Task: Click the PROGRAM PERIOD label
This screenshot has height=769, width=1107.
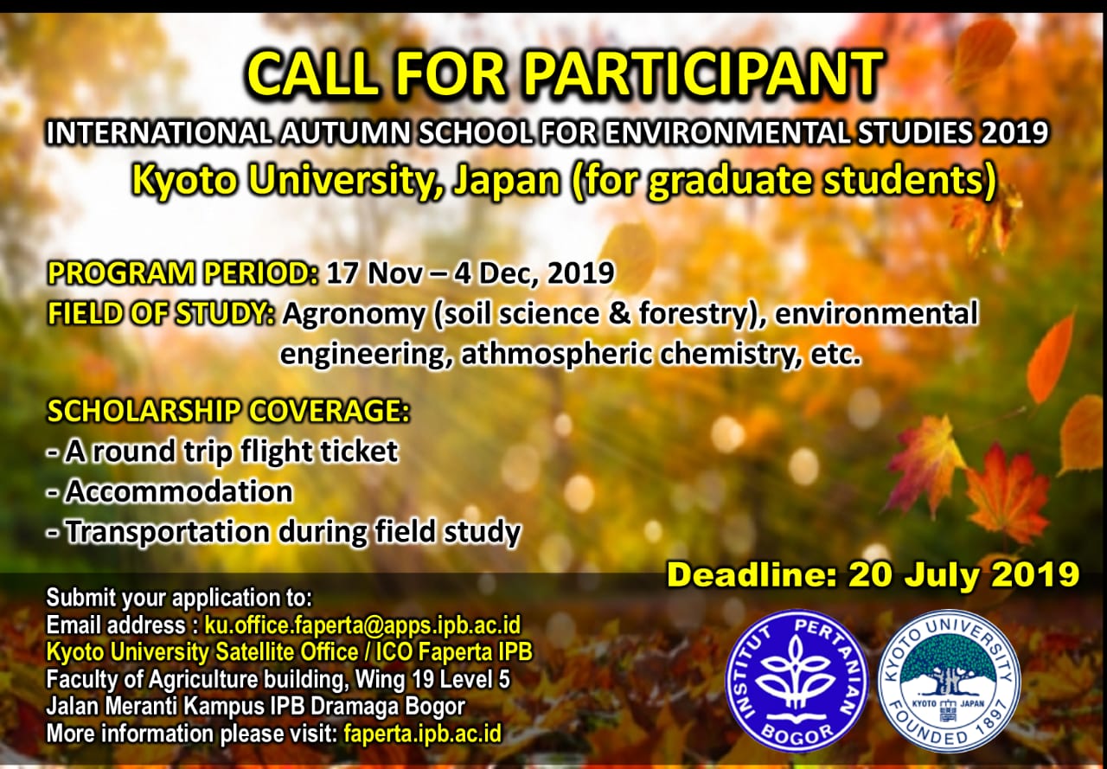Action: click(182, 272)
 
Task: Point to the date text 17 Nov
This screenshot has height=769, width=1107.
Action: click(374, 272)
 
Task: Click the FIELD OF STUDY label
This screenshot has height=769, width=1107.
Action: click(161, 314)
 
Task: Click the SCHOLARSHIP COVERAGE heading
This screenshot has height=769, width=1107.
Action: click(228, 410)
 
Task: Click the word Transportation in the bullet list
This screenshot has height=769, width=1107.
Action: click(168, 532)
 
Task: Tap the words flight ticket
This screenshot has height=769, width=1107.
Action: click(319, 452)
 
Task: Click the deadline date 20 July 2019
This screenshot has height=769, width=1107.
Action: click(963, 574)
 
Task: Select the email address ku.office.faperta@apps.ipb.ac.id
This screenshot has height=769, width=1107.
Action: click(362, 626)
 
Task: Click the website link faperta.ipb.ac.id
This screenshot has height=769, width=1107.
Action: click(423, 734)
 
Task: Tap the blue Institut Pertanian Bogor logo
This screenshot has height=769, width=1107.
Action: click(796, 682)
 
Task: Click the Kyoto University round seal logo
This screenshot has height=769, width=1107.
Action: click(949, 682)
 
